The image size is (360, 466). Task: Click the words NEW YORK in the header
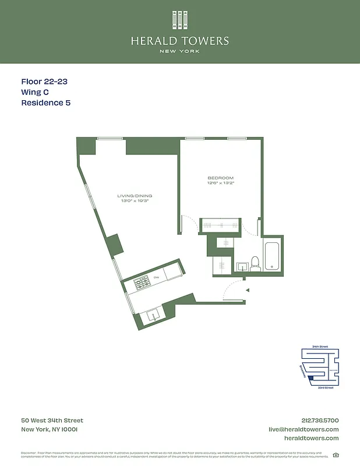(179, 51)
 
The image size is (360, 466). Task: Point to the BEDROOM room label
(220, 178)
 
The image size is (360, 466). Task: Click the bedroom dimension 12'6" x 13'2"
(220, 183)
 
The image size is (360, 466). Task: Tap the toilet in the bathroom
(255, 263)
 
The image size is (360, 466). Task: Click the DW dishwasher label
(156, 277)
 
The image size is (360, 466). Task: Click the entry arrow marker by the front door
(247, 290)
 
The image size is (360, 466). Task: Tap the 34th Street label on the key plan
(320, 347)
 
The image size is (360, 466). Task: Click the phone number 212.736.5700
(319, 420)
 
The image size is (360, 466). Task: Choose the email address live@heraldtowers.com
(303, 429)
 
